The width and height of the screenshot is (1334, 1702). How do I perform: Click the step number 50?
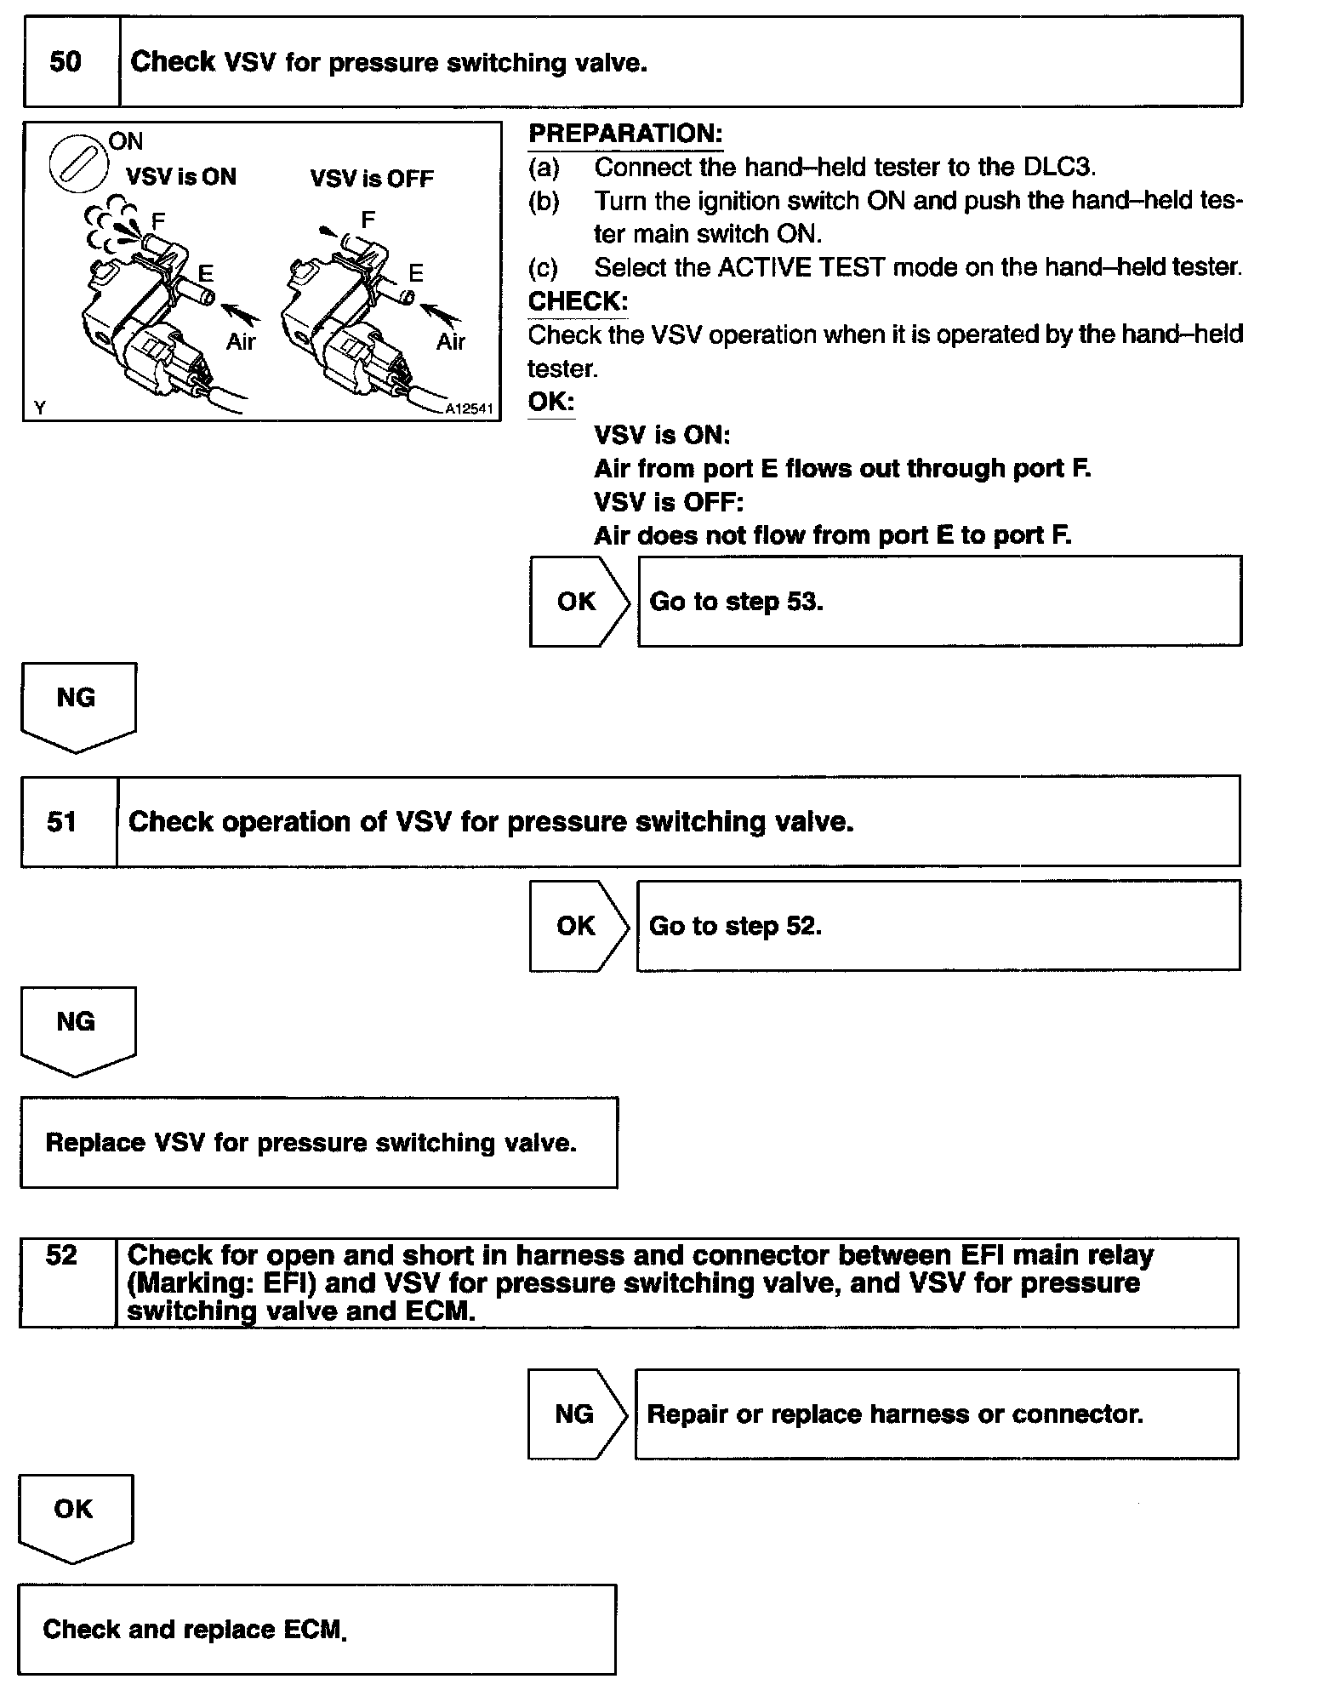(x=66, y=62)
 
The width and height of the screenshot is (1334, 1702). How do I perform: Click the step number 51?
(x=62, y=821)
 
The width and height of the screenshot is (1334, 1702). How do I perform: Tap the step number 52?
(x=61, y=1256)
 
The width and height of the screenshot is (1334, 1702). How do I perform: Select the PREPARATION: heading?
(x=625, y=134)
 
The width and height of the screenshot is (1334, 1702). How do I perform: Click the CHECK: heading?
(x=578, y=301)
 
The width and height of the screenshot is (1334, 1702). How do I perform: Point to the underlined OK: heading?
(x=550, y=402)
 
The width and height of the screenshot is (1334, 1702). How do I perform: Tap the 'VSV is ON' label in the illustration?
(x=181, y=177)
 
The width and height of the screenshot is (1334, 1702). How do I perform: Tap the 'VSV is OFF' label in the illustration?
(x=372, y=179)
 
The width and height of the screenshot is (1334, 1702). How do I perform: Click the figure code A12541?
(x=469, y=409)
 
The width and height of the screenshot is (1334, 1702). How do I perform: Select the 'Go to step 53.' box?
(x=939, y=602)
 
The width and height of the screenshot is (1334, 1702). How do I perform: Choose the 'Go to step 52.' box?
(x=938, y=926)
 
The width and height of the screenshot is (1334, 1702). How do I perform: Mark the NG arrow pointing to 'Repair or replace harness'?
(x=577, y=1414)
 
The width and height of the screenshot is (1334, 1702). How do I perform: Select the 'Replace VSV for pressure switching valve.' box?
(x=319, y=1143)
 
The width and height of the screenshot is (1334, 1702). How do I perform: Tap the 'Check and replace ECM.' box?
(x=316, y=1630)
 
